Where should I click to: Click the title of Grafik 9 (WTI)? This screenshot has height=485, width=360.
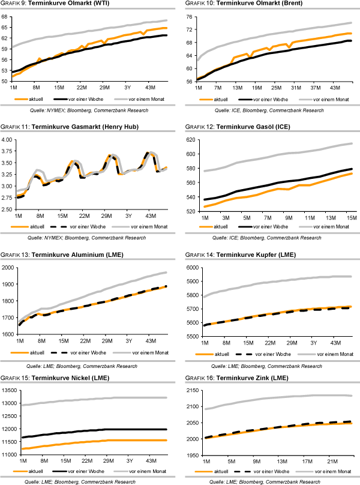coord(54,5)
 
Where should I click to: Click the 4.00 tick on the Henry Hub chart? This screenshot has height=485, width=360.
coord(7,139)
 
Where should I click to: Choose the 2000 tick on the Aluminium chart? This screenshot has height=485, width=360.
coord(7,267)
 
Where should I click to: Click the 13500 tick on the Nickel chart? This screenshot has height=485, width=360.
coord(8,390)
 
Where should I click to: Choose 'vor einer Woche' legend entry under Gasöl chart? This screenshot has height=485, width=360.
coord(273,226)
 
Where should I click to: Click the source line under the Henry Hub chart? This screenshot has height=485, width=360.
coord(83,238)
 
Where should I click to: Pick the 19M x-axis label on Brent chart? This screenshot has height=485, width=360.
coord(258,87)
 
